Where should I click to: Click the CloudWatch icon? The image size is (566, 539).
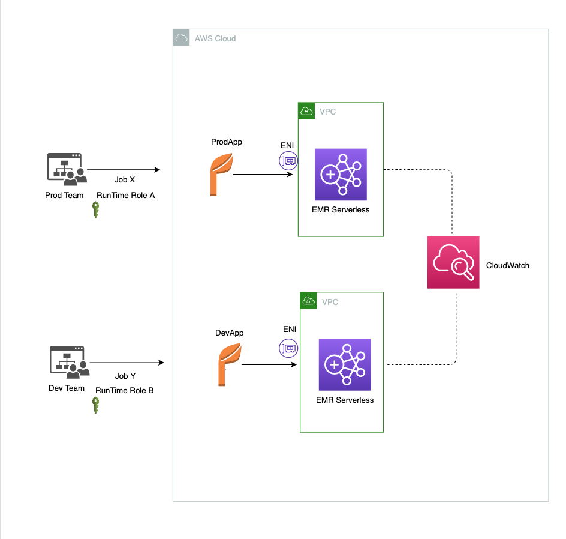click(x=453, y=262)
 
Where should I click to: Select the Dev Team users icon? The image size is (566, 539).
click(x=70, y=362)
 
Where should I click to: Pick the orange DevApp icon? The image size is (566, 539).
click(x=230, y=364)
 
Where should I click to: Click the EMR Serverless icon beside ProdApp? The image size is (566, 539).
click(x=341, y=175)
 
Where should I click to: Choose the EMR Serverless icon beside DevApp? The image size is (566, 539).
click(x=345, y=364)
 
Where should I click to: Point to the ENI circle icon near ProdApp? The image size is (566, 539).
click(x=288, y=161)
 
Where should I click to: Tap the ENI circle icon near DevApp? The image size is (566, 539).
click(x=288, y=348)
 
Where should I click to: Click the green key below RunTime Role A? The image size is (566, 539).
click(x=96, y=210)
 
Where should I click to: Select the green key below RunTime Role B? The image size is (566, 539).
click(x=96, y=405)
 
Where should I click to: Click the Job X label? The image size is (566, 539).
click(x=125, y=179)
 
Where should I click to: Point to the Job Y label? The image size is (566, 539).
click(x=125, y=376)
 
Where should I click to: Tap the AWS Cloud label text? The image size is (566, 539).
click(x=215, y=38)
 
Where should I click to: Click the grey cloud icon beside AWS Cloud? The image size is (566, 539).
click(x=181, y=38)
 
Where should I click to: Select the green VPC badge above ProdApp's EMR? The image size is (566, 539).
click(x=306, y=111)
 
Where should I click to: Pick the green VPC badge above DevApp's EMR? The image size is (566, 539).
click(x=309, y=301)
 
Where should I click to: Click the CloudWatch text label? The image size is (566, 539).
click(x=507, y=265)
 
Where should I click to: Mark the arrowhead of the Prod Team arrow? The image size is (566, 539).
click(x=158, y=170)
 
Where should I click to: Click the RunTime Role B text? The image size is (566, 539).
click(x=125, y=391)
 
